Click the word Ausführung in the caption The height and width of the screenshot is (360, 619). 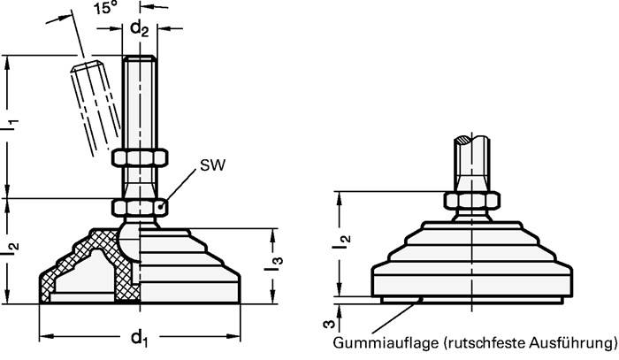pyautogui.click(x=568, y=341)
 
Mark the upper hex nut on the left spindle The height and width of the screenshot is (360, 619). pyautogui.click(x=139, y=158)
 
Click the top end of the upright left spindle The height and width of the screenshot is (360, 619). pyautogui.click(x=139, y=60)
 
